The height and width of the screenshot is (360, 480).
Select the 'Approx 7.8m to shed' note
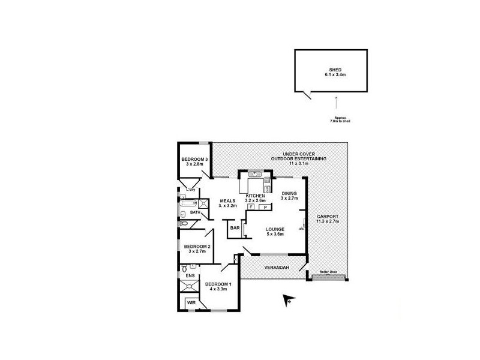tap(340, 119)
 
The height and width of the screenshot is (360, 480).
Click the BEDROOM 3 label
tap(194, 159)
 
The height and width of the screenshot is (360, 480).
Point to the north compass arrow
tap(286, 299)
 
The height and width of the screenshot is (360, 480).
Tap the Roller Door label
tap(329, 272)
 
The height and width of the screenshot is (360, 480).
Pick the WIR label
tap(191, 303)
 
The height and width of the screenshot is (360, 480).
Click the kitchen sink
tap(255, 175)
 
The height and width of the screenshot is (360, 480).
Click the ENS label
tap(189, 276)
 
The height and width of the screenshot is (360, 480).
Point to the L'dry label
tap(191, 190)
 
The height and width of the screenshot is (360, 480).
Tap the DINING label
tap(290, 193)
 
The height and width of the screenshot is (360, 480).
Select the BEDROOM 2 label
tap(196, 247)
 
